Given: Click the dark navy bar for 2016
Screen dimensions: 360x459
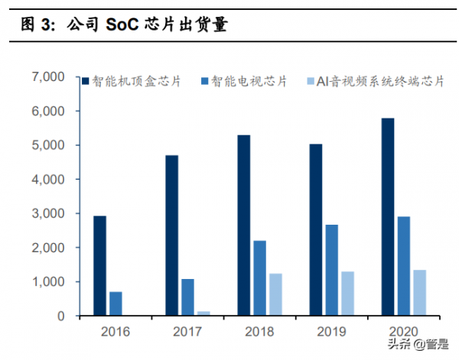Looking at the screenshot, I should [x=100, y=266].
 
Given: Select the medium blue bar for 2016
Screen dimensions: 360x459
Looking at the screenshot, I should [x=116, y=303].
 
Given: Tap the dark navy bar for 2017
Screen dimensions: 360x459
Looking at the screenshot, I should [x=172, y=235].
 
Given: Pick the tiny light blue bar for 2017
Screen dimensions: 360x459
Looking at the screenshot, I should [x=203, y=313].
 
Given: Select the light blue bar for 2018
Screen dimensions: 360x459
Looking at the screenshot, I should [x=275, y=294].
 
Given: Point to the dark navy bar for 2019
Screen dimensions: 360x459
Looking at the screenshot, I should [x=316, y=230].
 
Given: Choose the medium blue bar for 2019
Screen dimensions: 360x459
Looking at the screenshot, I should [x=331, y=270].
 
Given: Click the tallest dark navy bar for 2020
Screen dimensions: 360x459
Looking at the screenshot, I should [x=388, y=217].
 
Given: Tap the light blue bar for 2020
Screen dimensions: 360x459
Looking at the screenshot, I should [x=419, y=293].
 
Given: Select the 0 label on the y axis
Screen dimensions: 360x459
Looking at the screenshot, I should [x=67, y=316].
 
